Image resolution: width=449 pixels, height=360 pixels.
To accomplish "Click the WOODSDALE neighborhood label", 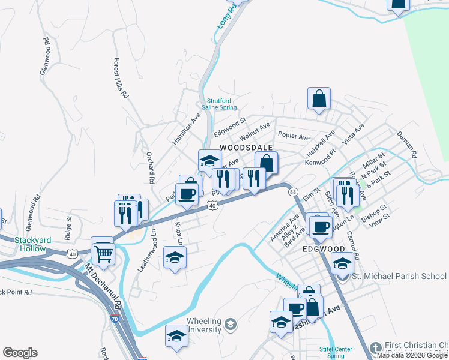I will coord(246,147).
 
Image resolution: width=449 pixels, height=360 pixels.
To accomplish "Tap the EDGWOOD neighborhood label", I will coord(324,248).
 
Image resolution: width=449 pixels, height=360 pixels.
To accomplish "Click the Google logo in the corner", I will coord(20,353).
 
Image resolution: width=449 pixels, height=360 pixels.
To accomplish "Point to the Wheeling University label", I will coord(205,325).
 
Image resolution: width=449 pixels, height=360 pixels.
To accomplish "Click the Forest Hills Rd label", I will coord(121,78).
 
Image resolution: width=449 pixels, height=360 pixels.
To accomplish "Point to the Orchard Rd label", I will coord(151,167).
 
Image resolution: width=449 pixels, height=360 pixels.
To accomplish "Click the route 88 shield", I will coord(292,191).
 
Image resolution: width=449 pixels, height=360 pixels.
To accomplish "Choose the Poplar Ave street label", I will coord(293,137).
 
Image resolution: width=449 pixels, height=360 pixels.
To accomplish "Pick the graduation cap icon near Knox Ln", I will coord(175,257).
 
